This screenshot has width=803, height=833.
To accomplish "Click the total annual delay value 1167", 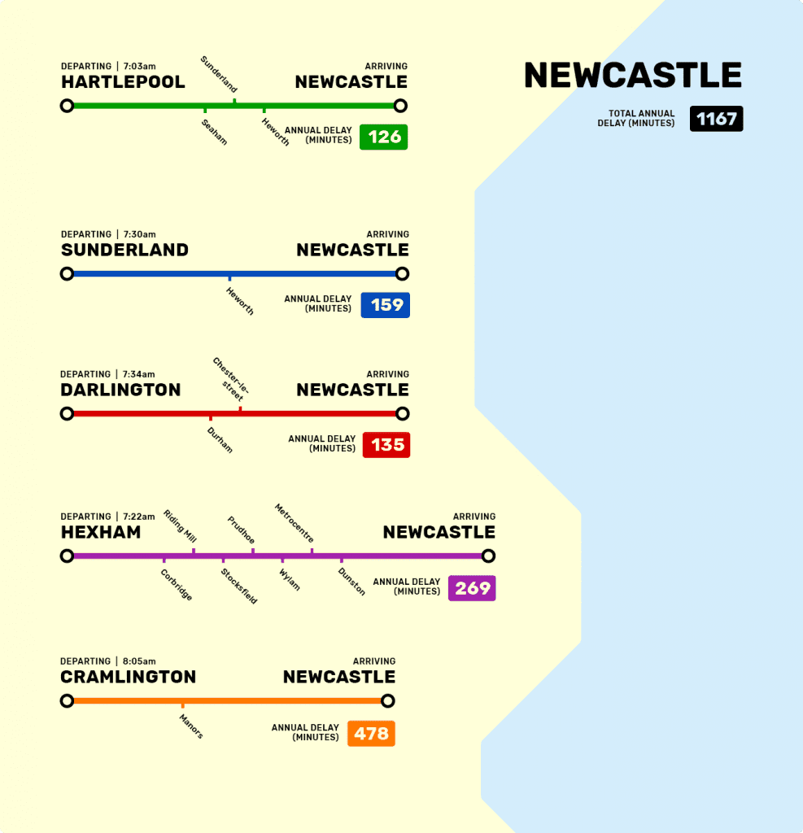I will tap(716, 119).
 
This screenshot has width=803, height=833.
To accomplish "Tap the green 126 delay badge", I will tap(384, 137).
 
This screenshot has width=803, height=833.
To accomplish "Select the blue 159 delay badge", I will tap(386, 305).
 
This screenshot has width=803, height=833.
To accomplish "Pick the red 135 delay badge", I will tap(386, 445).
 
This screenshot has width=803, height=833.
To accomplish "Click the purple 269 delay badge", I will tap(472, 588).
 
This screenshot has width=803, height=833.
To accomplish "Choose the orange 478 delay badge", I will tap(371, 734).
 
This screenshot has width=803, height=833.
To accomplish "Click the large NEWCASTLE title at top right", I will tap(633, 76).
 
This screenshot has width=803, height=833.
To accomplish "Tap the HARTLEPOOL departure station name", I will tap(123, 82).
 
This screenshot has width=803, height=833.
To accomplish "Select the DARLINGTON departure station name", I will tap(120, 390).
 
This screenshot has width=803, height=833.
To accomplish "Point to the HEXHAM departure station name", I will tap(101, 533).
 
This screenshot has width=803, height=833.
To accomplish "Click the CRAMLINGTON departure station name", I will tap(129, 678).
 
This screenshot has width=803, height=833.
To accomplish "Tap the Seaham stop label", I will tap(215, 132).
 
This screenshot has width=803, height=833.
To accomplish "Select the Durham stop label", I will tap(220, 439).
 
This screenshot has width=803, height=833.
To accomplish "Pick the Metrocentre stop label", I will tap(295, 523).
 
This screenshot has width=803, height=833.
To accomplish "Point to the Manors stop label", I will tap(192, 726).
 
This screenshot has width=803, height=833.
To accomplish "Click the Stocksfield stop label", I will tap(239, 586).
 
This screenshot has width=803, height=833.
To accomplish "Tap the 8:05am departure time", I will tap(139, 661).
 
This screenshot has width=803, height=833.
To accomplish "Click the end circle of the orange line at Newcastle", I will tap(388, 701).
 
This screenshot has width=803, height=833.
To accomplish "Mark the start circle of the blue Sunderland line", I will tap(68, 274).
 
